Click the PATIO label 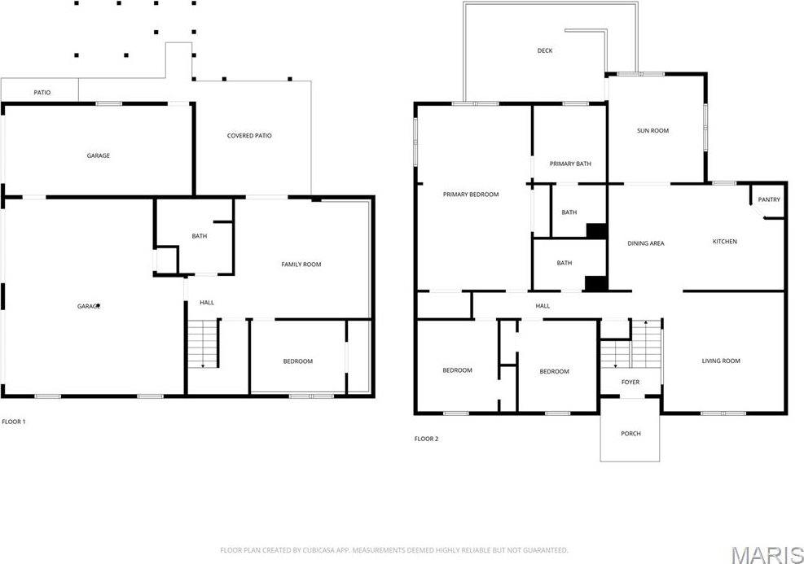pos(42,93)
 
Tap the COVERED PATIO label pos(249,136)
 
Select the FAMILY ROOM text pos(301,265)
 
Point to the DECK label pos(545,51)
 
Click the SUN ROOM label pos(652,130)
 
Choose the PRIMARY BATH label pos(570,164)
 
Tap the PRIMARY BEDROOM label pos(471,195)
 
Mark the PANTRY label pos(769,200)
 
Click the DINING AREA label pos(646,243)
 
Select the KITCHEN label pos(725,242)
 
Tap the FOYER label pos(630,383)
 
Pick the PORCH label pos(630,434)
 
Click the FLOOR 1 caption pos(14,422)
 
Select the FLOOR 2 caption pos(426,439)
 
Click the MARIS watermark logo pos(767,554)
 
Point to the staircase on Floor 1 pos(203,344)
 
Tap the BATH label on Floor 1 pos(200,237)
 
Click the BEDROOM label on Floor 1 pos(297,361)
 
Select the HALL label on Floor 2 pos(543,306)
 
